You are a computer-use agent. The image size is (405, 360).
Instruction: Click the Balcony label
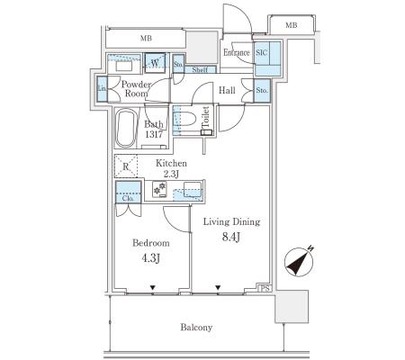point(196,327)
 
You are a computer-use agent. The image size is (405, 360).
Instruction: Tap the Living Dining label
point(231,221)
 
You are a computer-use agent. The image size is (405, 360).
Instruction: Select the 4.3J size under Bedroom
point(151,257)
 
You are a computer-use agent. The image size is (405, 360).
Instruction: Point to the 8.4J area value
point(231,237)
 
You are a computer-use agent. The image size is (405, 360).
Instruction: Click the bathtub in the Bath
point(126,128)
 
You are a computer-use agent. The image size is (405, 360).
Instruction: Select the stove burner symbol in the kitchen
point(159,189)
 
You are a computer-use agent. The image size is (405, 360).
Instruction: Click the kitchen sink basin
point(193,189)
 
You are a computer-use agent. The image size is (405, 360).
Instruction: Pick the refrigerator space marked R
point(126,166)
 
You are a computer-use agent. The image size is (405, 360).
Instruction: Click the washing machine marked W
point(155,63)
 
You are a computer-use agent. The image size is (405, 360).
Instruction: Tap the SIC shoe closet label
point(261,53)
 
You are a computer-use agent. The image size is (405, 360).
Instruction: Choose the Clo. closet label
point(128,198)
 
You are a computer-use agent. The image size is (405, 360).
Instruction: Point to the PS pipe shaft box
point(265,288)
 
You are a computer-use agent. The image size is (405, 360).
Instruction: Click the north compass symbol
point(299,262)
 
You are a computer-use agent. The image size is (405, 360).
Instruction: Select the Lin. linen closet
point(103,88)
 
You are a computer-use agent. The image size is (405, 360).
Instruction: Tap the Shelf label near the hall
point(200,70)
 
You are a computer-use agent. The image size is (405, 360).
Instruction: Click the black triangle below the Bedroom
point(153,288)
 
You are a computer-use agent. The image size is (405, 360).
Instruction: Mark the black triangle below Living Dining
point(218,288)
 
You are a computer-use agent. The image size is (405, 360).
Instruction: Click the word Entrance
point(237,52)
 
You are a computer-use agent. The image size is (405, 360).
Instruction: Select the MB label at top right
point(291,25)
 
